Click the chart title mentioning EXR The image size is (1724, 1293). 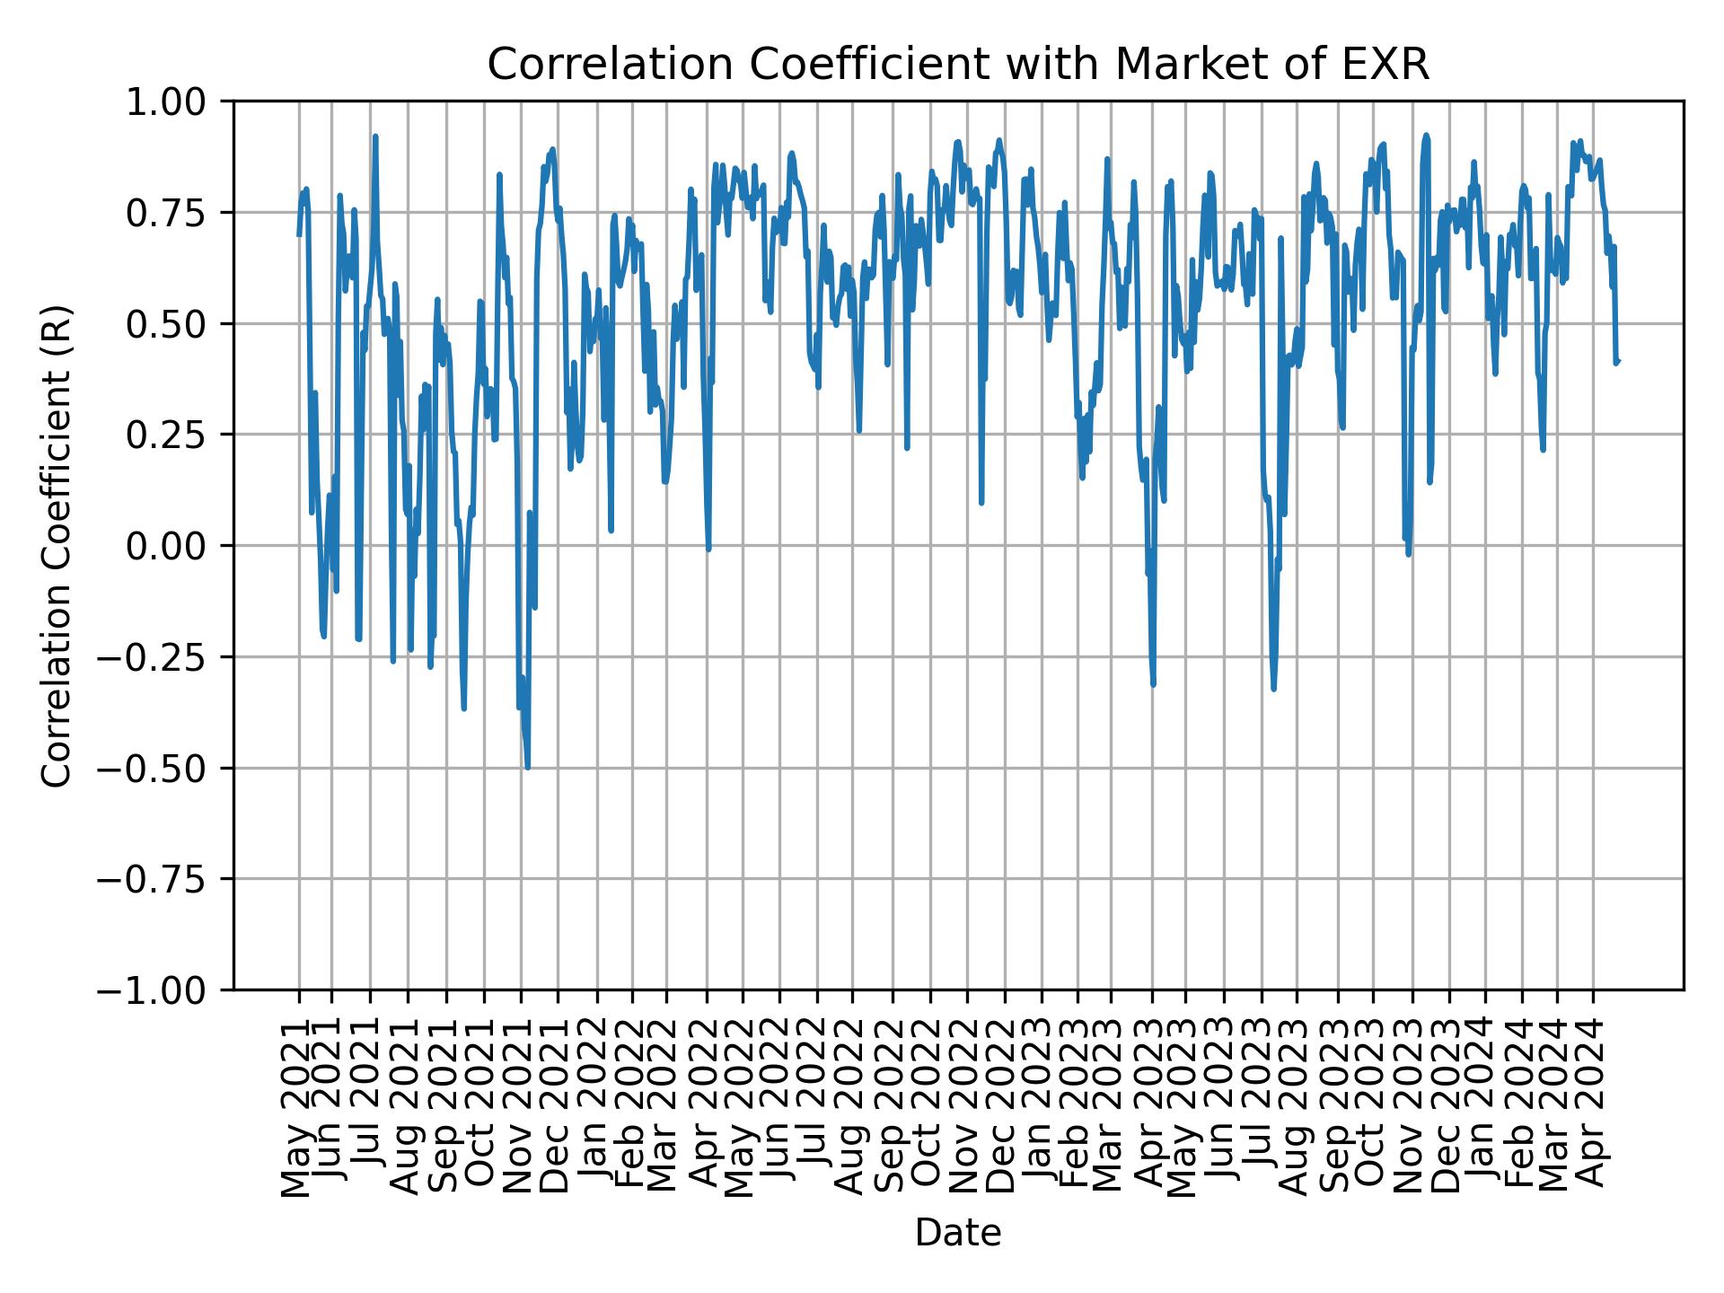click(957, 66)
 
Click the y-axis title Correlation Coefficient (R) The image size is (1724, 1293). click(56, 545)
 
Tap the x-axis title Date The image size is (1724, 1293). click(957, 1234)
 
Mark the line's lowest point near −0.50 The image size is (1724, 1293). click(527, 768)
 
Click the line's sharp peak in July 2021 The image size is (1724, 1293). click(375, 136)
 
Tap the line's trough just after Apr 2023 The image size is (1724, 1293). click(1153, 685)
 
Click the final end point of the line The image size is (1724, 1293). click(1618, 361)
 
